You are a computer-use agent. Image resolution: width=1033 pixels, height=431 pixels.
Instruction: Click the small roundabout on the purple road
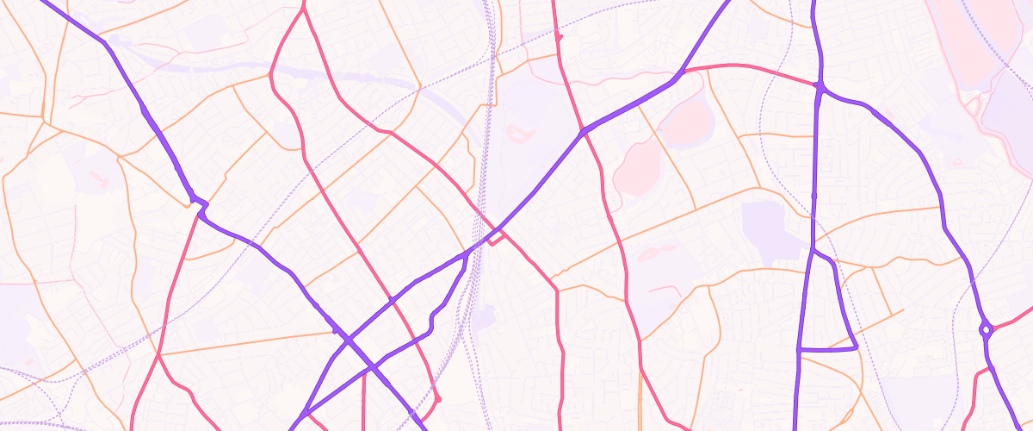[985, 328]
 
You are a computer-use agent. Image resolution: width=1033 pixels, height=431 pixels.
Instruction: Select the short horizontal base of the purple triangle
[828, 349]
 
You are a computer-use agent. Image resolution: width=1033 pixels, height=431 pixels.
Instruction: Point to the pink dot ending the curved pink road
[438, 399]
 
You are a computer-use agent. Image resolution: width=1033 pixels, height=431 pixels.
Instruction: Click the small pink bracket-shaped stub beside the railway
[494, 240]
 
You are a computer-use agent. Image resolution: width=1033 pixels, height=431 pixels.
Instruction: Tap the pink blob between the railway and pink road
[518, 133]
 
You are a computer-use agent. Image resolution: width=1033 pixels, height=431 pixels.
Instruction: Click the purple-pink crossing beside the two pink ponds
[583, 131]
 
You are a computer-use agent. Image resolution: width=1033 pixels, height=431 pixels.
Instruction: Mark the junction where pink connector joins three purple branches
[821, 86]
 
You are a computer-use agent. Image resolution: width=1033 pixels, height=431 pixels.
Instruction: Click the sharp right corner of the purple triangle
[857, 347]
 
